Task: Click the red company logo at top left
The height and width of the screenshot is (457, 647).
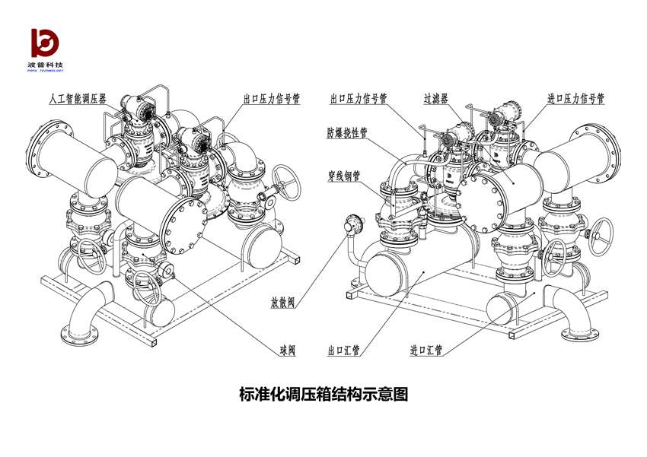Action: click(46, 43)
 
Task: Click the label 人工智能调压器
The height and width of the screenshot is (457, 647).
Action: click(79, 100)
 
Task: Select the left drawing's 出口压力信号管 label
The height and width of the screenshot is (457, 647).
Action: click(271, 100)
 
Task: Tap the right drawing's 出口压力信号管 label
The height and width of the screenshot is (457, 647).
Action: click(359, 99)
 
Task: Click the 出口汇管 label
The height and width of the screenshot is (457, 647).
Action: click(343, 351)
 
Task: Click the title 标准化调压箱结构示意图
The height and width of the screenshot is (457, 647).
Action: click(323, 395)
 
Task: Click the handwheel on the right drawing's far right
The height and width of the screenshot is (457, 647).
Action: click(603, 233)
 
